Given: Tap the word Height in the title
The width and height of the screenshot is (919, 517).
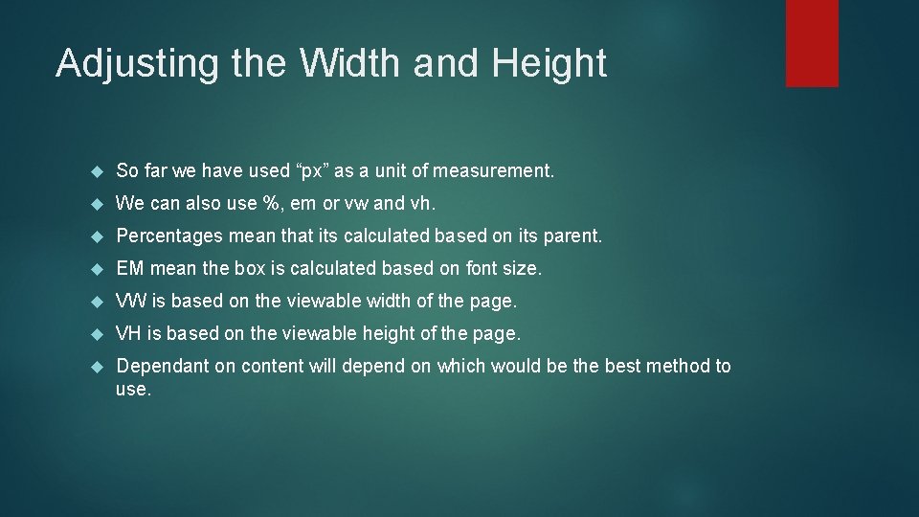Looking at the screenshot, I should pos(549,64).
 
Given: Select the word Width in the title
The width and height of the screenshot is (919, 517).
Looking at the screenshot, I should pos(351,63).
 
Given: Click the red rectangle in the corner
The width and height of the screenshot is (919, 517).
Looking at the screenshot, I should pos(812,42).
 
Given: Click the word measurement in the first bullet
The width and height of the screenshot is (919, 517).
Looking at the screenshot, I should pos(493,171).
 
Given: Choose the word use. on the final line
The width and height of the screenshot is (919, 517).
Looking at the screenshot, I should pos(134,390).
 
